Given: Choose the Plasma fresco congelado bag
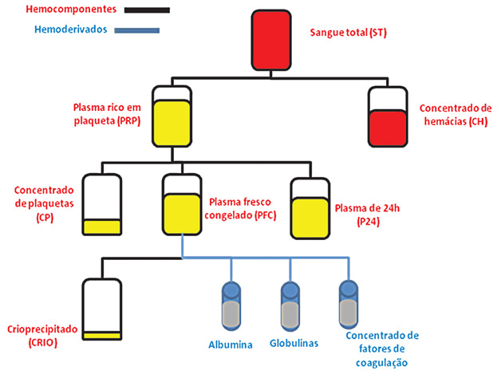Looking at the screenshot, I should tap(183, 206).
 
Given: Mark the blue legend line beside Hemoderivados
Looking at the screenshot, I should tap(137, 31).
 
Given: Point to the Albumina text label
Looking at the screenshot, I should tap(231, 345).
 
